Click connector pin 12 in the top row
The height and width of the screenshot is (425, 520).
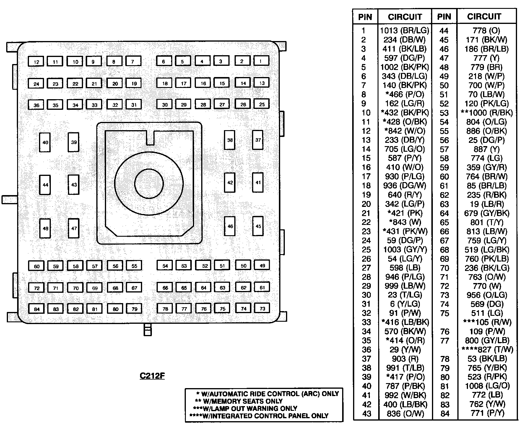[x=36, y=61]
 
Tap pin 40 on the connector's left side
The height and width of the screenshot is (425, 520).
[x=45, y=142]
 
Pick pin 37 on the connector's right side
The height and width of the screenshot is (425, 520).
[x=258, y=140]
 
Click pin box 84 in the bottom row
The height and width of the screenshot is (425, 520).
[x=37, y=309]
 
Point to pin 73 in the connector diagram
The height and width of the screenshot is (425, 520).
[x=262, y=308]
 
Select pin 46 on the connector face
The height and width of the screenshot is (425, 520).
[x=230, y=226]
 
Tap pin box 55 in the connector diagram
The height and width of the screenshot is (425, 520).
[x=134, y=266]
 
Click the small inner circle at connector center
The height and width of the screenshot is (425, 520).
[x=149, y=183]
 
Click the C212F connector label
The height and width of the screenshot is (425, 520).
[x=152, y=376]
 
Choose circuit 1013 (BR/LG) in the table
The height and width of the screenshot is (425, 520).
[x=404, y=30]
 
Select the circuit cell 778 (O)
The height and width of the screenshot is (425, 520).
[x=486, y=30]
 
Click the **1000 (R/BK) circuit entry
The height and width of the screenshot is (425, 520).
[x=486, y=113]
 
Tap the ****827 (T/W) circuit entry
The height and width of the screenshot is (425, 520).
[x=487, y=350]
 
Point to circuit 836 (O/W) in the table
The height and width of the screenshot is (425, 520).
[x=404, y=413]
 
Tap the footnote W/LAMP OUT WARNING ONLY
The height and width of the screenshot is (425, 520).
[x=245, y=408]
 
